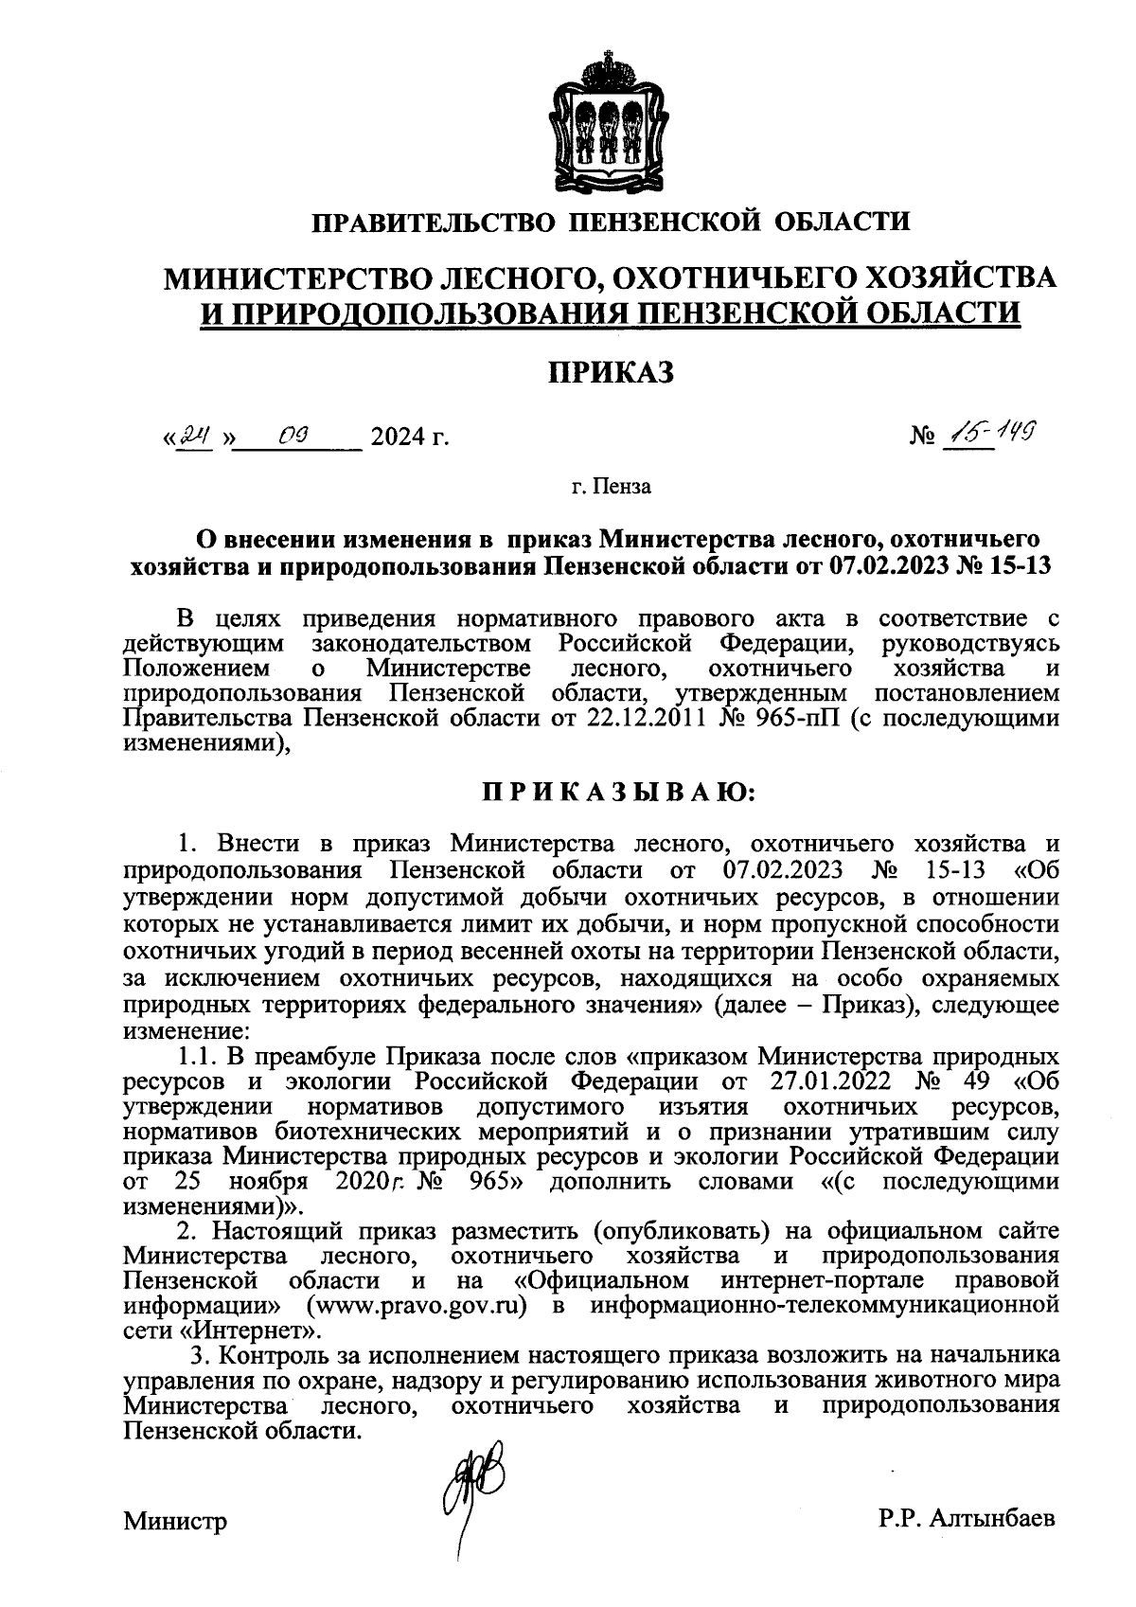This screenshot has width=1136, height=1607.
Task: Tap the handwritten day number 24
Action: coord(197,437)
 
